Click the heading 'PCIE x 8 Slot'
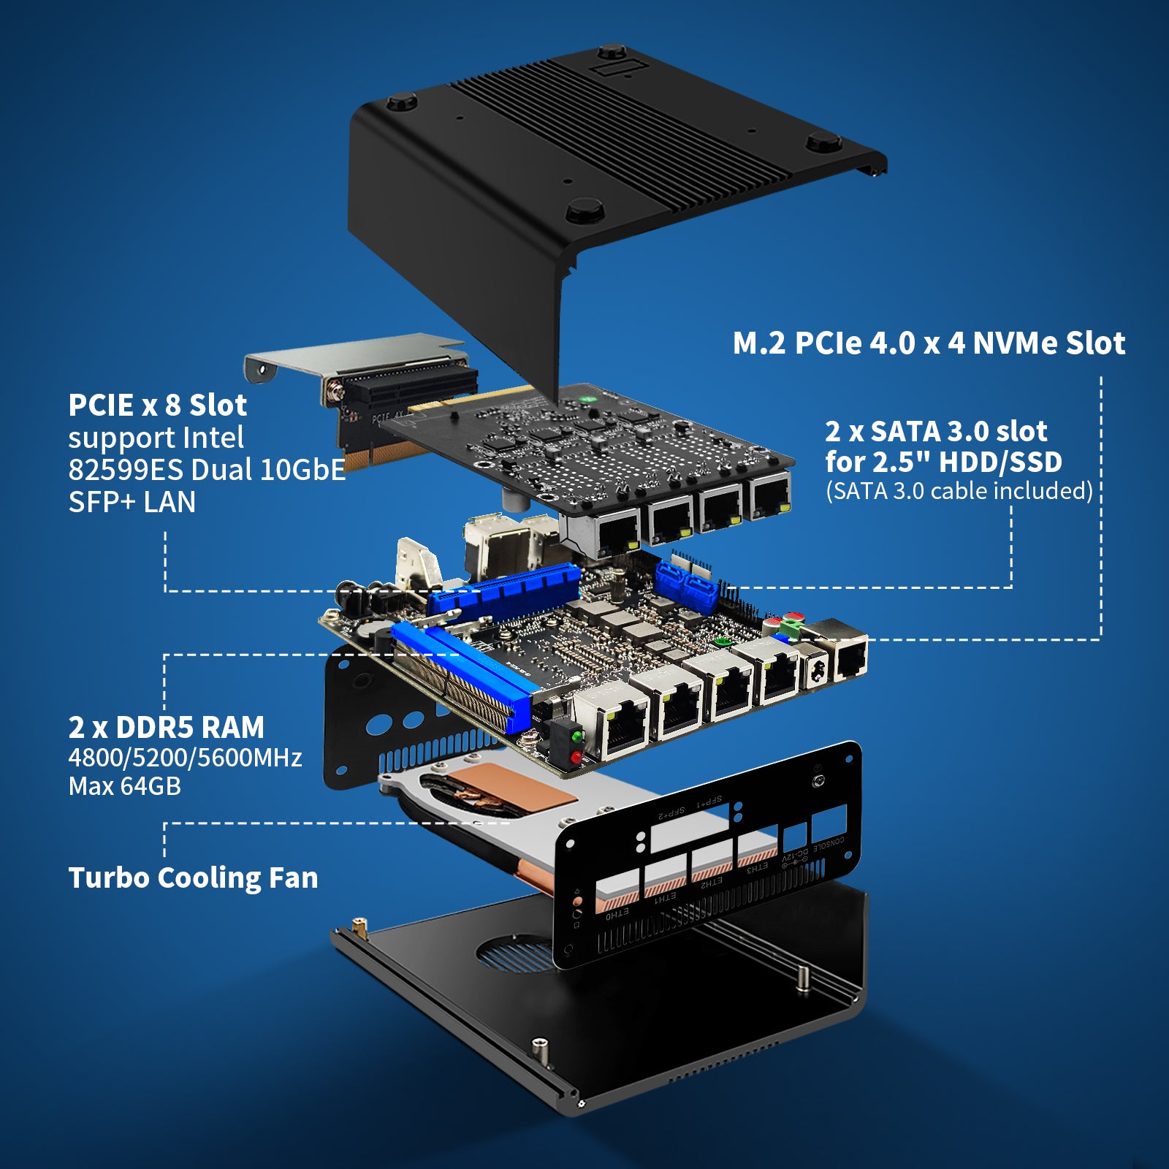point(157,405)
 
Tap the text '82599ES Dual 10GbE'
point(206,470)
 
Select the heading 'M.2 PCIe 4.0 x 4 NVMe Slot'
point(929,343)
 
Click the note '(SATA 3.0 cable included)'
point(959,491)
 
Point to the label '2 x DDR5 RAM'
point(166,728)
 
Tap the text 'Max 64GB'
point(124,787)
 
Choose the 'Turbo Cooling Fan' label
point(193,878)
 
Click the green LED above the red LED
point(577,736)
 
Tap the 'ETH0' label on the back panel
point(617,913)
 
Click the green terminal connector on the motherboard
point(789,627)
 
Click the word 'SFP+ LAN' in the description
point(132,503)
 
